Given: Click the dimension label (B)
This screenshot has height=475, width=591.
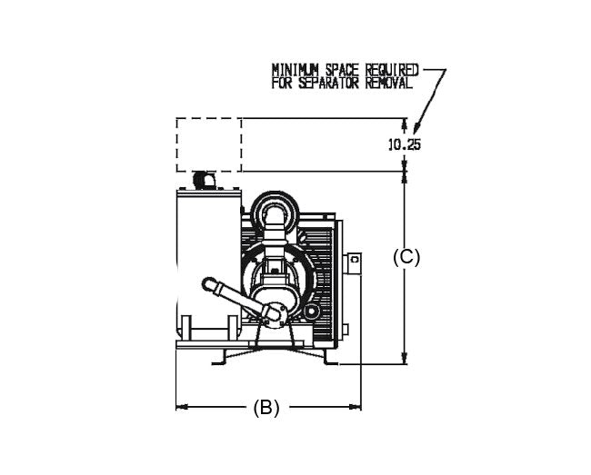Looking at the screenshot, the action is pos(266,408).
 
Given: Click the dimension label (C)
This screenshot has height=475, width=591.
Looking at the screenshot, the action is pos(406,257).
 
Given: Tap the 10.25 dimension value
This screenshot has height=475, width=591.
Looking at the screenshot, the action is pos(405,144).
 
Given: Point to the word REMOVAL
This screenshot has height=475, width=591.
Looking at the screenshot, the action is pos(389,83).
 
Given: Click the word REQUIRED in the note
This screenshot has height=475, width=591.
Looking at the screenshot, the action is pos(392,70).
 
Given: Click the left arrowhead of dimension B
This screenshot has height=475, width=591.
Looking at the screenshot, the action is pos(182,407).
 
